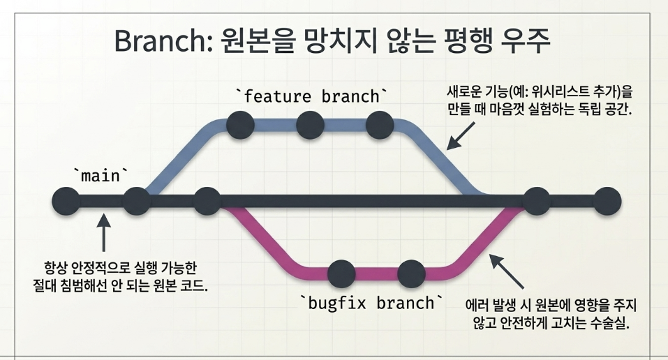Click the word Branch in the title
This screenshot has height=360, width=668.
tap(164, 41)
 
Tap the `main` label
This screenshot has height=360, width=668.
tap(101, 175)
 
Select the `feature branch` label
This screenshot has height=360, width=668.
tap(312, 96)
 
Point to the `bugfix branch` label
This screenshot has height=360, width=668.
tap(371, 303)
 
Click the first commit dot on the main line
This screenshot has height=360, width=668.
tap(66, 201)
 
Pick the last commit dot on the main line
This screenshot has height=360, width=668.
tap(607, 201)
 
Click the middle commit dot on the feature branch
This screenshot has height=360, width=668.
tap(310, 126)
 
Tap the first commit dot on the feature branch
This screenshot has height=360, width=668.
tap(240, 126)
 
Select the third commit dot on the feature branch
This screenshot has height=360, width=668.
tap(380, 126)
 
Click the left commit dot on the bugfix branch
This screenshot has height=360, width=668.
tap(341, 273)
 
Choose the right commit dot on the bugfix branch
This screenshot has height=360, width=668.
tap(412, 273)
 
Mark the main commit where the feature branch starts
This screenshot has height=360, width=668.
tap(137, 201)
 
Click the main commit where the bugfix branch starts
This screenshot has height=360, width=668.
tap(207, 201)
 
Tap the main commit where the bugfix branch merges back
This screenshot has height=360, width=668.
tap(537, 201)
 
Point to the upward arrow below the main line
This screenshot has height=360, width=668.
tap(103, 232)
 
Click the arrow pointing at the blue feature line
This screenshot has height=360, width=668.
tap(461, 136)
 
